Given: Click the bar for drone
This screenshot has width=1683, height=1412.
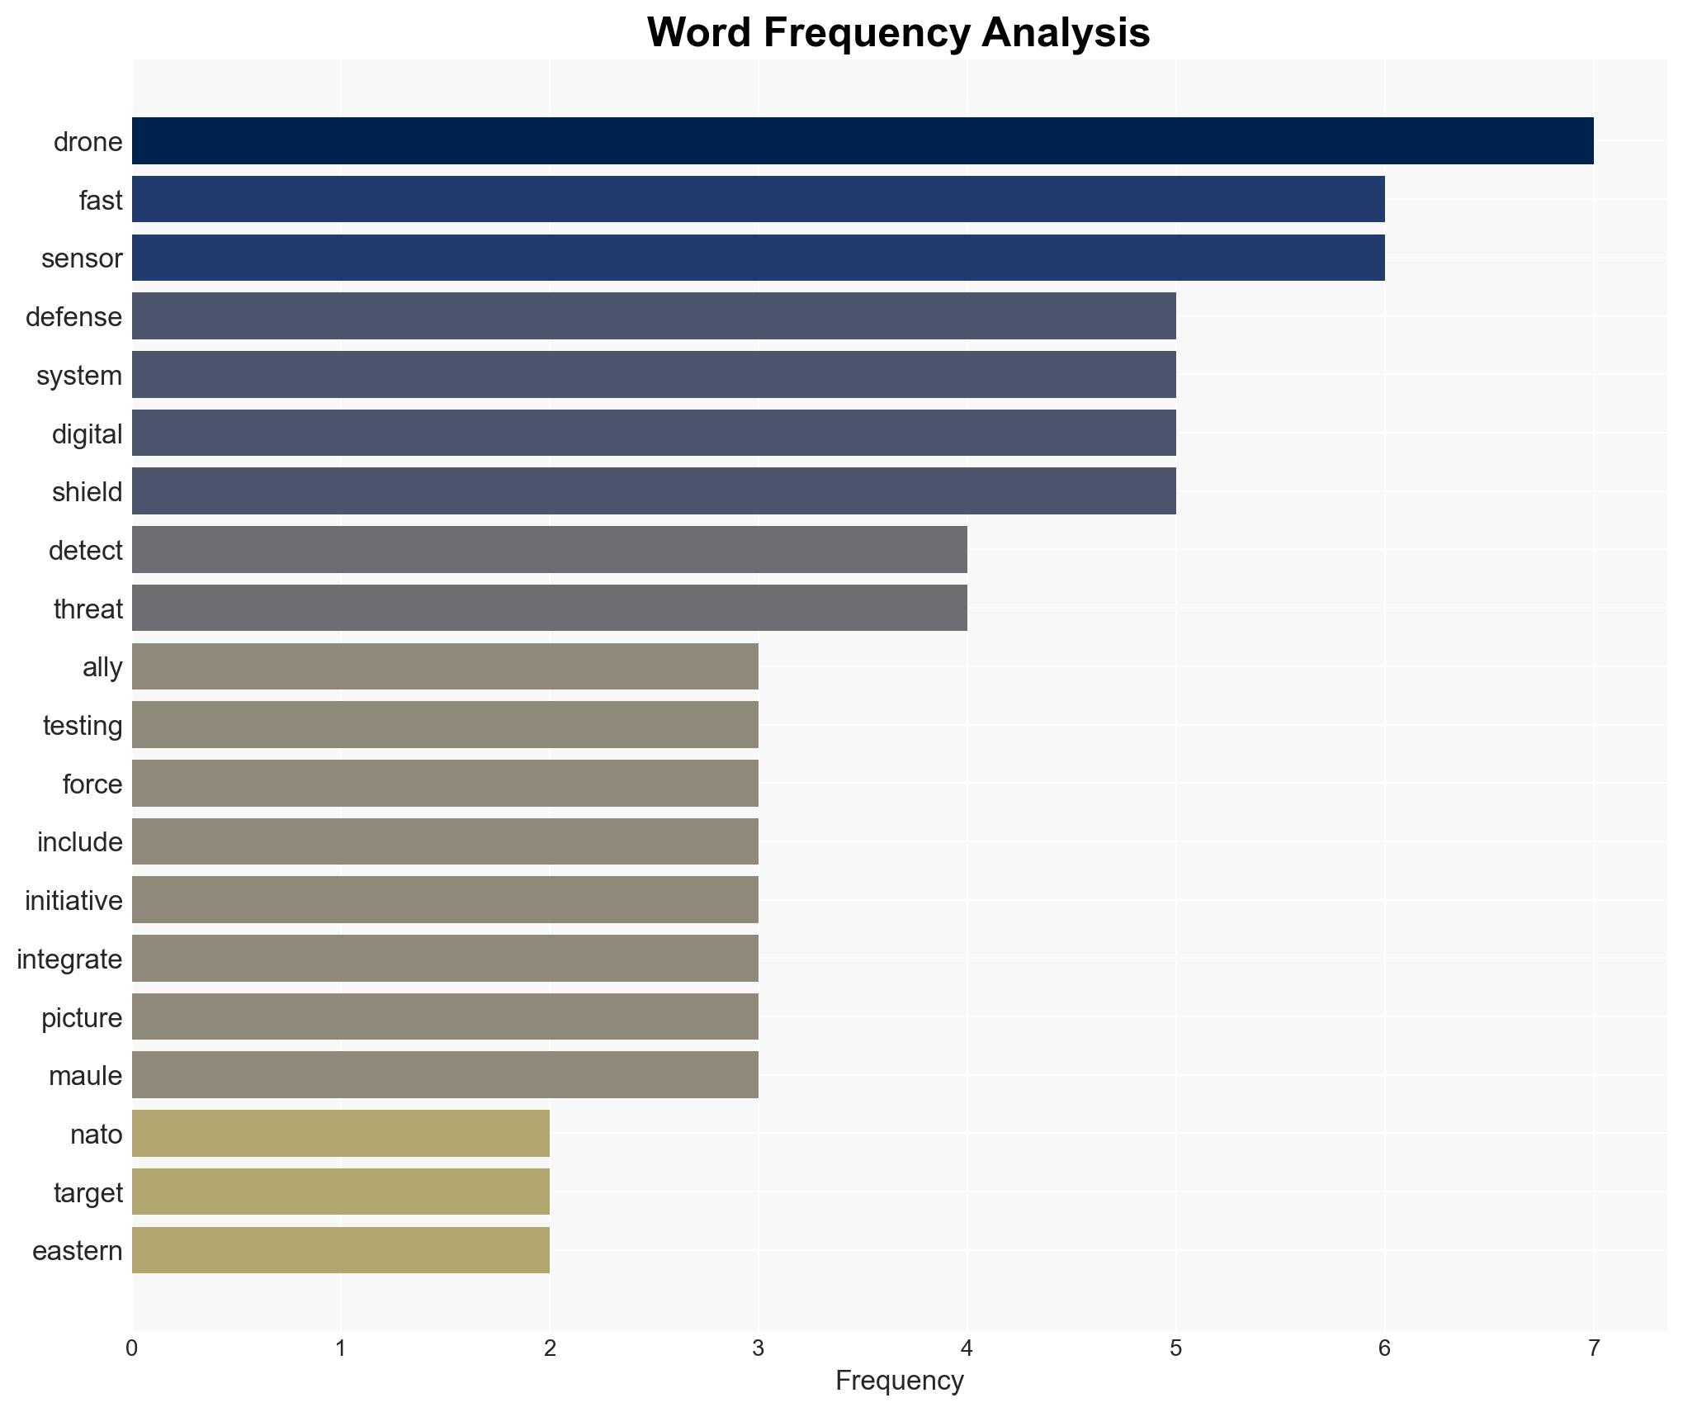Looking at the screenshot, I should click(863, 140).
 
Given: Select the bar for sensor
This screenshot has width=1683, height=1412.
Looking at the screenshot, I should click(758, 258).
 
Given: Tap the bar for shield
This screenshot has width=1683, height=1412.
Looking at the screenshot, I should click(654, 491).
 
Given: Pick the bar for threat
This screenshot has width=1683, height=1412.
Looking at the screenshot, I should click(549, 608).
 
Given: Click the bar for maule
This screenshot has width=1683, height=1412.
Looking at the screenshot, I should click(445, 1074).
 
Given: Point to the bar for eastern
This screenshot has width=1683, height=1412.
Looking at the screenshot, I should click(340, 1250).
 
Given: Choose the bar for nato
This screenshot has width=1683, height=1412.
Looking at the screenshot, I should click(340, 1133).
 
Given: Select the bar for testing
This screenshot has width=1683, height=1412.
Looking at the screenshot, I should click(445, 724).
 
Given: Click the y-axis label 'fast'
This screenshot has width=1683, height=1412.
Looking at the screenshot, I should click(101, 200).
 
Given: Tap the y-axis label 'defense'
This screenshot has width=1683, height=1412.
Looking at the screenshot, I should click(74, 317).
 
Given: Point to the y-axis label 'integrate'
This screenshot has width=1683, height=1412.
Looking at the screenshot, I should click(69, 959).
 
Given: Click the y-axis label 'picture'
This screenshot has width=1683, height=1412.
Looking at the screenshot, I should click(82, 1017).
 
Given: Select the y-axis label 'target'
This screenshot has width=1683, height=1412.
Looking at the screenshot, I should click(88, 1192).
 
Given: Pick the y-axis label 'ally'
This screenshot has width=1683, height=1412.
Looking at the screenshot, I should click(102, 666).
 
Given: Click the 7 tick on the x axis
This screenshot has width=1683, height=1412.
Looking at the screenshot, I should click(1593, 1348).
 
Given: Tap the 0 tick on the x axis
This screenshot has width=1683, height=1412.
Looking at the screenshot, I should click(132, 1348).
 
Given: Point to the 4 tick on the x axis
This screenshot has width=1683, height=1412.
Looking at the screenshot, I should click(967, 1348).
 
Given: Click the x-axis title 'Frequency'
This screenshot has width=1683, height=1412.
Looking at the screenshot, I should click(899, 1381).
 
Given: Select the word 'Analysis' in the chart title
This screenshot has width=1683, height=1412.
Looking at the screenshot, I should click(1066, 33).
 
